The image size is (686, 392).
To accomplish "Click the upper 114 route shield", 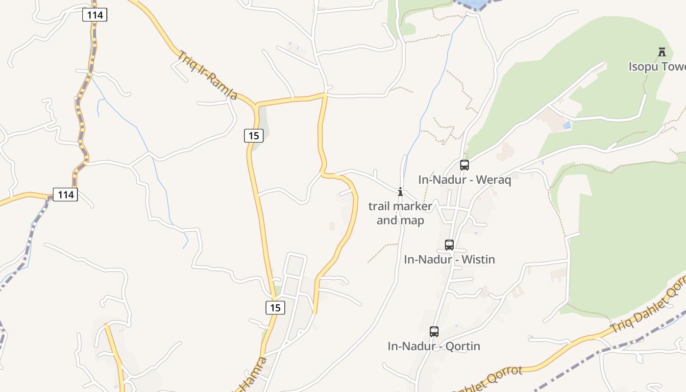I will coord(95,15).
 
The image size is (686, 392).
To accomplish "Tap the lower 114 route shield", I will coord(66,195).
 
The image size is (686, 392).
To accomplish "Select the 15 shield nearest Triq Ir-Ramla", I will coord(254,136).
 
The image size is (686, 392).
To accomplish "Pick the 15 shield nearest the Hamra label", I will coord(275,308).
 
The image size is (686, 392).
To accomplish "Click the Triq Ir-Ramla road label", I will coord(207,75).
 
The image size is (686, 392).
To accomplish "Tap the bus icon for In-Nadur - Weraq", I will coord(465,165).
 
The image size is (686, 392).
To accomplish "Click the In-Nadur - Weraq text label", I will coord(465,180).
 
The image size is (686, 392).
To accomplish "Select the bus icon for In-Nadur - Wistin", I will coord(449,245).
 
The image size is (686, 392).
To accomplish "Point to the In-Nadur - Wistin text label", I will coord(449,259).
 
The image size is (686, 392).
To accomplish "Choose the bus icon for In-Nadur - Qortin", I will coord(434,332).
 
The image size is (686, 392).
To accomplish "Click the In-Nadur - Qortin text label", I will coord(434,346).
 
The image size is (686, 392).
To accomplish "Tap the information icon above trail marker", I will coord(400,192).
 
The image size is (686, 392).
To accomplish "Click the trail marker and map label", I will coord(400,213).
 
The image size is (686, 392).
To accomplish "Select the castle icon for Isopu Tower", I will coord(662,51).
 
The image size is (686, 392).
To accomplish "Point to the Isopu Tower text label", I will coord(657,67).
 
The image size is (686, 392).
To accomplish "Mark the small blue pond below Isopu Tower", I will coord(567,125).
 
